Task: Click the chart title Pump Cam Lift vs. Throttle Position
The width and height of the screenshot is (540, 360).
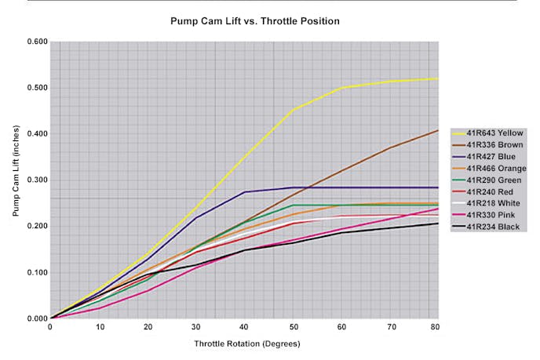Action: tap(255, 21)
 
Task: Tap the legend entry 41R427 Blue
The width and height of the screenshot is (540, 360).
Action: tap(494, 157)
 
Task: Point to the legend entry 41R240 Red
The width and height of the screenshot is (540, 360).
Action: tap(494, 192)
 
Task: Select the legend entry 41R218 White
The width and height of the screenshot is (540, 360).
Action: tap(495, 204)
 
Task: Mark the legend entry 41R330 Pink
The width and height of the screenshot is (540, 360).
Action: tap(494, 216)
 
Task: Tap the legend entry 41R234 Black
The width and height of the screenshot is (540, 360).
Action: tap(495, 227)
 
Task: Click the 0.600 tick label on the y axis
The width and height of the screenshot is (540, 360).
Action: tap(36, 42)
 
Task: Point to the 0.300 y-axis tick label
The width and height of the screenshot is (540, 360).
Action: tap(36, 180)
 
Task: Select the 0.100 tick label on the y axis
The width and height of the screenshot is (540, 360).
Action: tap(36, 273)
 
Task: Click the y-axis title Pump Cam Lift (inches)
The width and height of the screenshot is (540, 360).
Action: tap(16, 180)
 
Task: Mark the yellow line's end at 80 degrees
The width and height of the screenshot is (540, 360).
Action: tap(437, 78)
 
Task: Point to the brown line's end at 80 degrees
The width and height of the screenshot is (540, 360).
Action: tap(437, 130)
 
